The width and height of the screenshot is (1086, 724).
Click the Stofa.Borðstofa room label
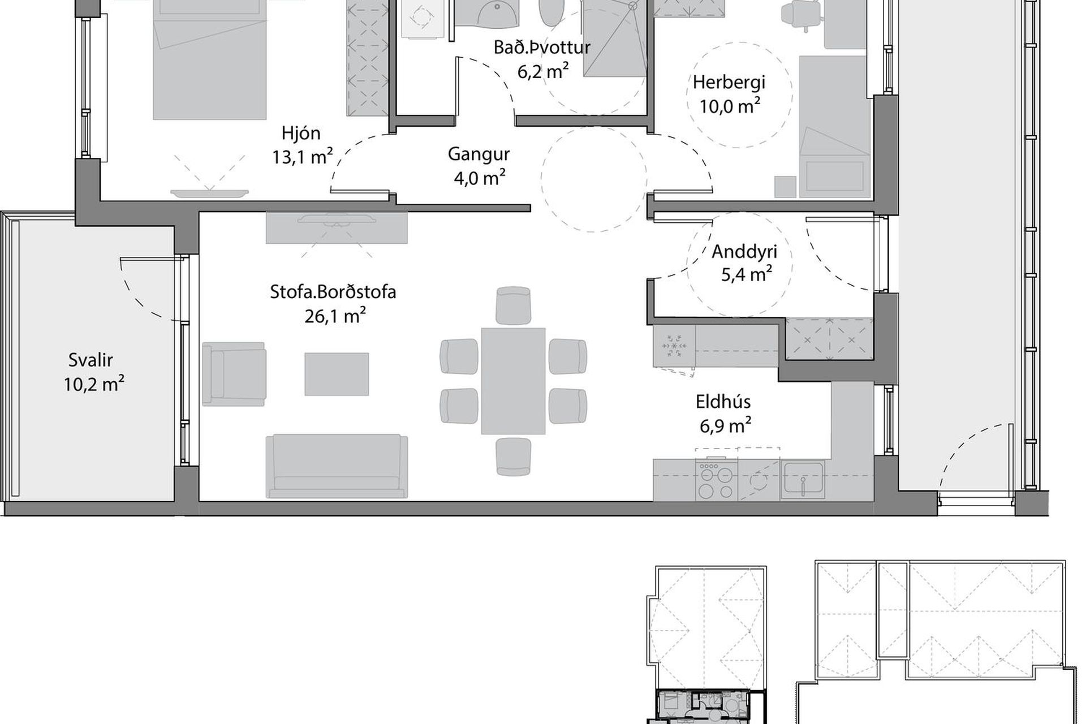point(333,292)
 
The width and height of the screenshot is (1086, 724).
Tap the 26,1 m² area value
point(335,315)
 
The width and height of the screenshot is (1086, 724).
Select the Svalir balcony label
point(91,360)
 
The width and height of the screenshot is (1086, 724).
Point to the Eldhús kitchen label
point(723,402)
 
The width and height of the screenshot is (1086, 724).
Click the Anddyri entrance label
point(744,252)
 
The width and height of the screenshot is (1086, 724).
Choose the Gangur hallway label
point(479,154)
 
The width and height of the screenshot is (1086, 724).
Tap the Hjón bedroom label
point(301,133)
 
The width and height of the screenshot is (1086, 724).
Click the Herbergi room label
point(729,83)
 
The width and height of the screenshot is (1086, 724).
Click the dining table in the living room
point(513,381)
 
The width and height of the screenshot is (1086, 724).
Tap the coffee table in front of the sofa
point(337,374)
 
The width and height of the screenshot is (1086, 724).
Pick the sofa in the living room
point(337,467)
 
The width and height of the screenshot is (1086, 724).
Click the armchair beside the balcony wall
point(234,374)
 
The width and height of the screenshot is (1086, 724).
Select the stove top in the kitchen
point(717,480)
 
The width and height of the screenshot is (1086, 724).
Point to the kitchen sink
point(802,480)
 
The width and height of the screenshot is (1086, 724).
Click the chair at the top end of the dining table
point(513,305)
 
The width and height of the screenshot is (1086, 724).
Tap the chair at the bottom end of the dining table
point(513,456)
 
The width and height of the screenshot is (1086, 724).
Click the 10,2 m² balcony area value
point(94,384)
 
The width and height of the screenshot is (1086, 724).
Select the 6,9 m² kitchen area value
point(725,425)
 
